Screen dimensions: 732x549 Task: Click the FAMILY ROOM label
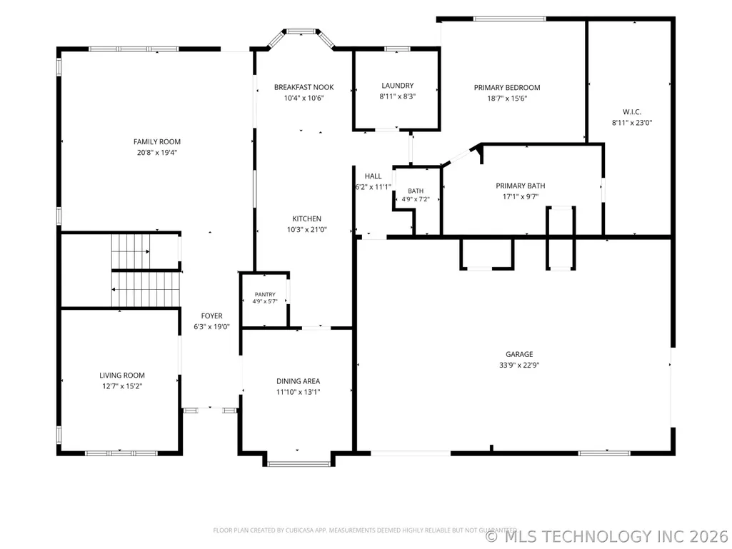(157, 141)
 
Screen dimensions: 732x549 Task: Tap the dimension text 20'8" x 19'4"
(157, 153)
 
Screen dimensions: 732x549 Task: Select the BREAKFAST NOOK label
(304, 87)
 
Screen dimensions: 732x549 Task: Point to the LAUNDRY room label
(398, 86)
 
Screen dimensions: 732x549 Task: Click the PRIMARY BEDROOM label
(507, 87)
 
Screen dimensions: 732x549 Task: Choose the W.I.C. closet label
(632, 111)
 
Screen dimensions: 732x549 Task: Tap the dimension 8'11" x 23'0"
(632, 123)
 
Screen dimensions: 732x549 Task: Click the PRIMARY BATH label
(521, 186)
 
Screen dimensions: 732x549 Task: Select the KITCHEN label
(306, 218)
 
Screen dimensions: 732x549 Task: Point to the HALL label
(373, 176)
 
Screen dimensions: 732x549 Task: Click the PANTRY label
(265, 295)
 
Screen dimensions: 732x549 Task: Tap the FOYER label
(212, 316)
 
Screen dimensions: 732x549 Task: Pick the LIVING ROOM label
(122, 376)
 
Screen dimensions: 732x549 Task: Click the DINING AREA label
(299, 381)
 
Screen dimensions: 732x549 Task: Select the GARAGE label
(519, 354)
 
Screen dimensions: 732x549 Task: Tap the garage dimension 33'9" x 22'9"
(519, 366)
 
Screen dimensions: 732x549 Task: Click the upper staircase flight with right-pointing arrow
(131, 251)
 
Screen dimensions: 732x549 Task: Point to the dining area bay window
(299, 463)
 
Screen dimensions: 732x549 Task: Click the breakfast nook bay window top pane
(301, 31)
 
